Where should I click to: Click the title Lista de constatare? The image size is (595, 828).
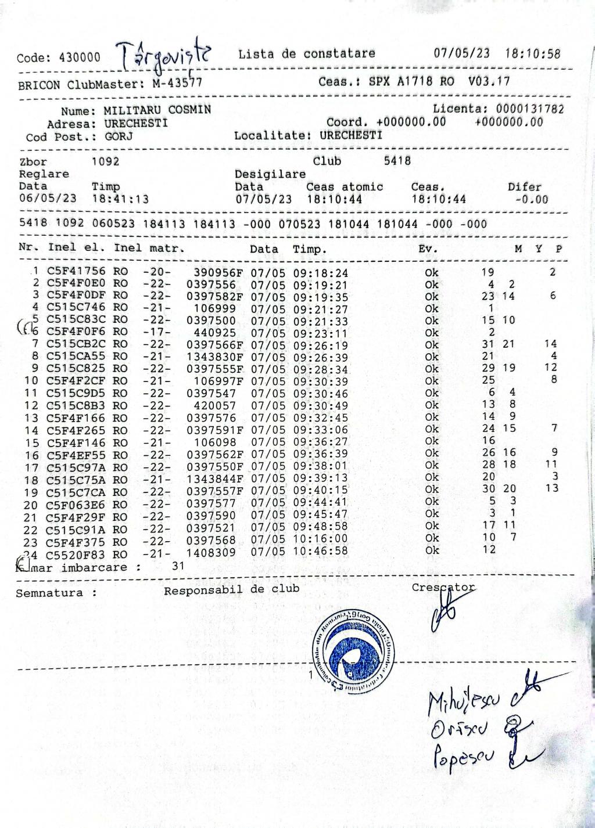[x=306, y=54]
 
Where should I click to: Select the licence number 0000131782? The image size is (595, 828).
[x=529, y=109]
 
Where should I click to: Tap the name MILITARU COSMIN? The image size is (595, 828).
[x=157, y=110]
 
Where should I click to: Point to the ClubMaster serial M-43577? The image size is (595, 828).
[x=177, y=84]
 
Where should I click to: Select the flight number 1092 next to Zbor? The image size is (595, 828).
[x=105, y=161]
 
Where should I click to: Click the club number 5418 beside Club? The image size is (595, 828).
[x=397, y=161]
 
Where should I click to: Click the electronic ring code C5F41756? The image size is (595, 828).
[x=76, y=271]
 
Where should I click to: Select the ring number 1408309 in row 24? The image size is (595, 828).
[x=211, y=552]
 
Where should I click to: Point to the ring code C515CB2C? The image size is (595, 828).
[x=76, y=344]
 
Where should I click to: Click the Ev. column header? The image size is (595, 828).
[x=428, y=249]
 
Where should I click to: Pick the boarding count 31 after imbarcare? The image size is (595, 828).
[x=178, y=565]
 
